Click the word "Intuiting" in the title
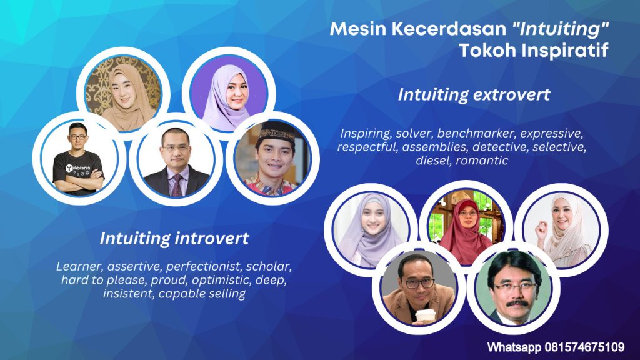(x=560, y=29)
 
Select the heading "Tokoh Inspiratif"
(x=534, y=51)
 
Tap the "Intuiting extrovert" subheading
(x=474, y=95)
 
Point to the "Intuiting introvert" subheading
(x=174, y=238)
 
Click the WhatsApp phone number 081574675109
(x=584, y=347)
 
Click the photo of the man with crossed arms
(x=79, y=158)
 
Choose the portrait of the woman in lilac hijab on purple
(x=229, y=94)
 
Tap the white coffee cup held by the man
(x=426, y=317)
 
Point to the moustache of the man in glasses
(x=517, y=303)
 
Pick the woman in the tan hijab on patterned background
(x=123, y=93)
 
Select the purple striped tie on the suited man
(x=177, y=186)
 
